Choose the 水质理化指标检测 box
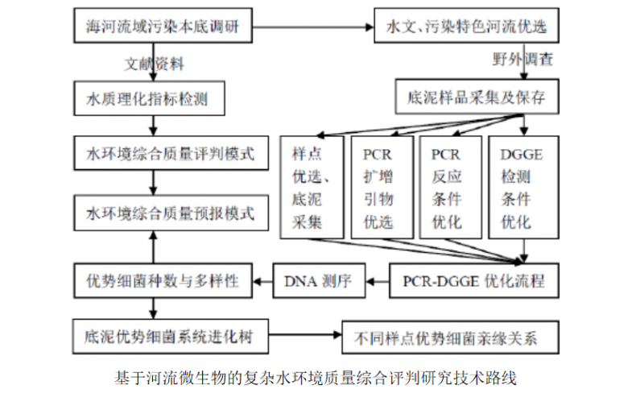(x=147, y=99)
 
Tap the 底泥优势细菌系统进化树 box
(x=170, y=335)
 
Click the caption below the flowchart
(x=322, y=377)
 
